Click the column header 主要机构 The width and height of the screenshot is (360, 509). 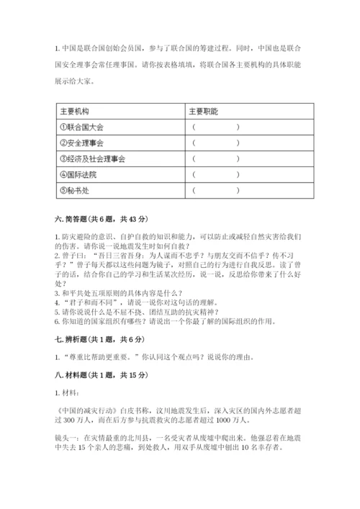pos(75,112)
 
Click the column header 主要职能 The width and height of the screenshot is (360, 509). pos(204,112)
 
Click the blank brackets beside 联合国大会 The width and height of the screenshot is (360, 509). pos(216,127)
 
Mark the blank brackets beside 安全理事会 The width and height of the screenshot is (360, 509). pos(216,143)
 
